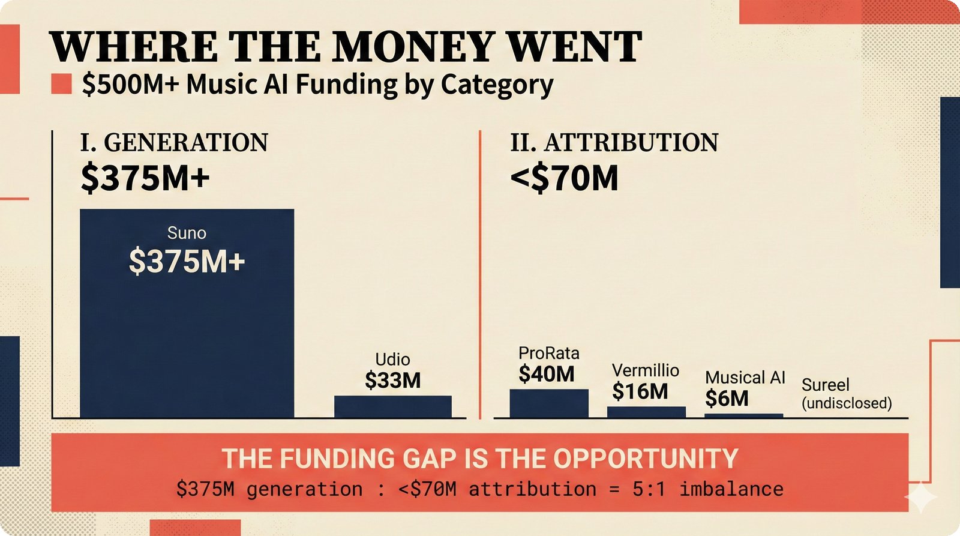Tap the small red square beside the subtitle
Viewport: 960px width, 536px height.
tap(61, 84)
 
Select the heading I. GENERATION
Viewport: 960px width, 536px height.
tap(174, 143)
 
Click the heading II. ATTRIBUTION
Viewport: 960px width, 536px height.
tap(614, 143)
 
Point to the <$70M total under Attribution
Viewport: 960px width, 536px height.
tap(564, 178)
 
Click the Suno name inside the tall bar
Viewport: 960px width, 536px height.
tap(187, 233)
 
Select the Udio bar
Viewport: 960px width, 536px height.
tap(392, 406)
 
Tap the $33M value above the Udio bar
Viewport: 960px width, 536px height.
tap(392, 381)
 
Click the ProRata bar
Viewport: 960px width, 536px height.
tap(549, 403)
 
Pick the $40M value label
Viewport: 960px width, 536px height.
tap(547, 374)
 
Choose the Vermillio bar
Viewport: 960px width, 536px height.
tap(646, 412)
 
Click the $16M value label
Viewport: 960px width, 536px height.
tap(640, 391)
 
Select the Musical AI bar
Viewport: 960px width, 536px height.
tap(743, 415)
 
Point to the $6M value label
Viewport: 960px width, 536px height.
tap(727, 398)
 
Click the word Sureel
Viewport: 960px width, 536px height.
tap(825, 385)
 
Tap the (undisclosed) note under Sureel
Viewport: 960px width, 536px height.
tap(847, 403)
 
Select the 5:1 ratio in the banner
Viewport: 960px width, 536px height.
tap(649, 489)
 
